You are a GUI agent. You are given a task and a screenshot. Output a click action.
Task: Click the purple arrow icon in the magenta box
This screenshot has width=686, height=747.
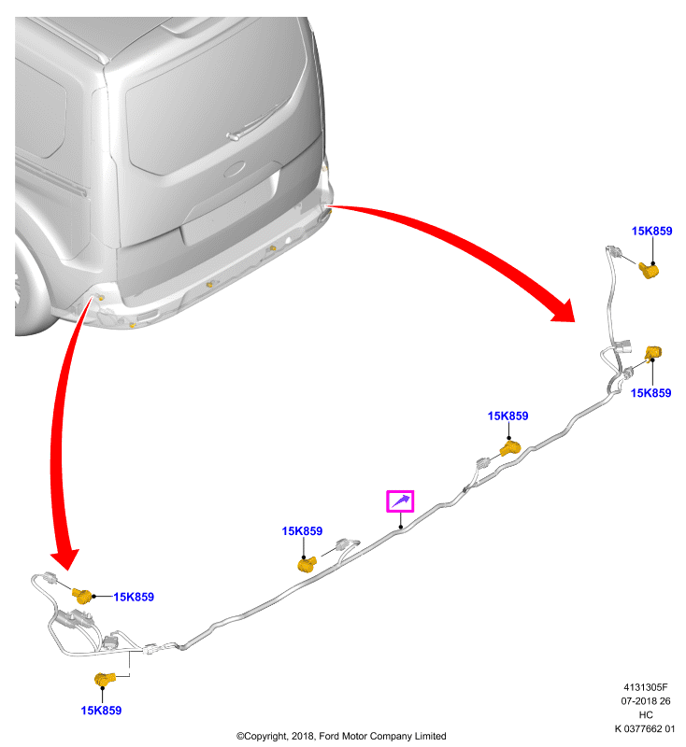[400, 500]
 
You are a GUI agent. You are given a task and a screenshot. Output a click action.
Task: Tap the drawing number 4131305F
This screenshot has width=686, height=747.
[646, 687]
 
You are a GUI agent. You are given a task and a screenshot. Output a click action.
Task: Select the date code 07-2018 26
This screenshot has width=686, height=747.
[646, 701]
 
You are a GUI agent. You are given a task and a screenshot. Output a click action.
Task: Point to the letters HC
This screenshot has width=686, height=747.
[646, 714]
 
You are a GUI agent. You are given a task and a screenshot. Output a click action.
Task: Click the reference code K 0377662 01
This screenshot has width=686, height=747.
[645, 728]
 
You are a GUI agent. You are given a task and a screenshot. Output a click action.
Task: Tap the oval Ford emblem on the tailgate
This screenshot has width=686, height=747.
[234, 170]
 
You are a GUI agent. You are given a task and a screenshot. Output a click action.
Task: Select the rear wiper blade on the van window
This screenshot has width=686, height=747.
[257, 120]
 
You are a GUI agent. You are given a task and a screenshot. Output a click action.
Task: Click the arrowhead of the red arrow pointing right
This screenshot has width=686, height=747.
[565, 311]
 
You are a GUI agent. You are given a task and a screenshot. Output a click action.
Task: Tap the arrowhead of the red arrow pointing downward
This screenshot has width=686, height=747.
[64, 558]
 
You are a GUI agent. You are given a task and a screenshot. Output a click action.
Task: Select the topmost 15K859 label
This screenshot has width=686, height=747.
[651, 231]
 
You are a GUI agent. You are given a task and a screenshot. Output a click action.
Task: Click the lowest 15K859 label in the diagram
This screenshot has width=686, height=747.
[101, 711]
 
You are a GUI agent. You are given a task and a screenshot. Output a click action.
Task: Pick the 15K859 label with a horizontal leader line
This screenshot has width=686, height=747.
[134, 597]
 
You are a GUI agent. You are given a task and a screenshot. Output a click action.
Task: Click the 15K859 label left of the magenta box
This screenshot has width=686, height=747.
[302, 531]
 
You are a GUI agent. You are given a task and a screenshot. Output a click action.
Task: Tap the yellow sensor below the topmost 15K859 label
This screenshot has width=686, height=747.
[649, 270]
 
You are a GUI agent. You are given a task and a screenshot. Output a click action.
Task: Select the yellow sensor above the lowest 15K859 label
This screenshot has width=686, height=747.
[105, 679]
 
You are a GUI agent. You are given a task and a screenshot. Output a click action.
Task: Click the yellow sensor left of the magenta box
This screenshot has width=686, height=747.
[307, 564]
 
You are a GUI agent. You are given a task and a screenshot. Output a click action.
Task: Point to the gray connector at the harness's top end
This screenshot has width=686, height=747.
[612, 250]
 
